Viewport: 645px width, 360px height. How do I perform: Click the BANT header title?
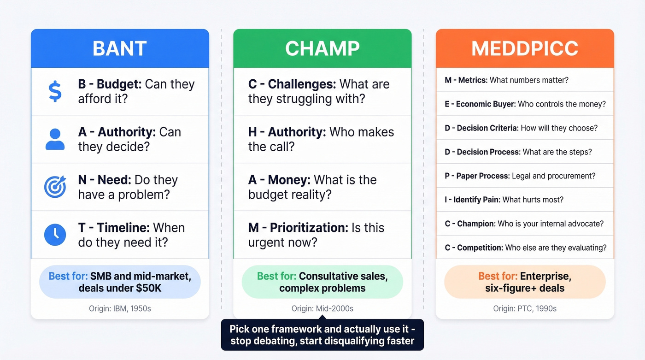coord(120,49)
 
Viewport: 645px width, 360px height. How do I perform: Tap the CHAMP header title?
coord(322,49)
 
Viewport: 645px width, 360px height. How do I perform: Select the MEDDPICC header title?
coord(525,49)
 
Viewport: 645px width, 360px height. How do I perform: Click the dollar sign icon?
coord(55,91)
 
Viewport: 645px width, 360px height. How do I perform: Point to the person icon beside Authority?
coord(55,139)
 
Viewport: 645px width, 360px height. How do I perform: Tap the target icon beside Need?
coord(55,187)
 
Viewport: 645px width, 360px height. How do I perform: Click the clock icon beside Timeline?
coord(55,235)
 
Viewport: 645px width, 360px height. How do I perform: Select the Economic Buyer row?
coord(525,104)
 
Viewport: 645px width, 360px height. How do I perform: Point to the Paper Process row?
coord(520,176)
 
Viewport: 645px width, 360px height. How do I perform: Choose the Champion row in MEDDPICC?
coord(524,224)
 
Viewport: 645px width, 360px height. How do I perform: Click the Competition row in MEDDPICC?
coord(525,248)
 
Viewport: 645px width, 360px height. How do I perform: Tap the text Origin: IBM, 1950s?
coord(120,308)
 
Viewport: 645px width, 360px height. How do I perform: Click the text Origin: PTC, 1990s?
coord(525,308)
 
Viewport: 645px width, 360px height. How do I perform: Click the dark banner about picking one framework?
coord(322,335)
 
